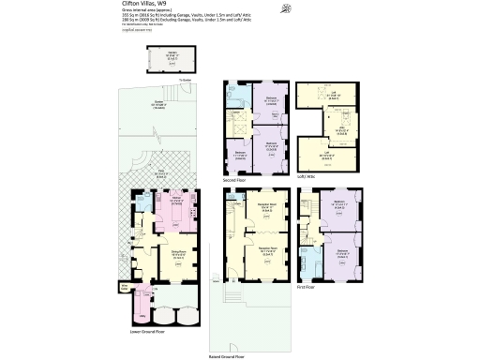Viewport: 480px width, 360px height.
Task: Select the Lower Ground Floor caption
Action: [x=148, y=331]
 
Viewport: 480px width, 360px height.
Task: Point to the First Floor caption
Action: [x=307, y=287]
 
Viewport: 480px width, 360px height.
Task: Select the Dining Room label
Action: [x=175, y=253]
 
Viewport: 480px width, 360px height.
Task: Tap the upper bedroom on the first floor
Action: [x=341, y=208]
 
